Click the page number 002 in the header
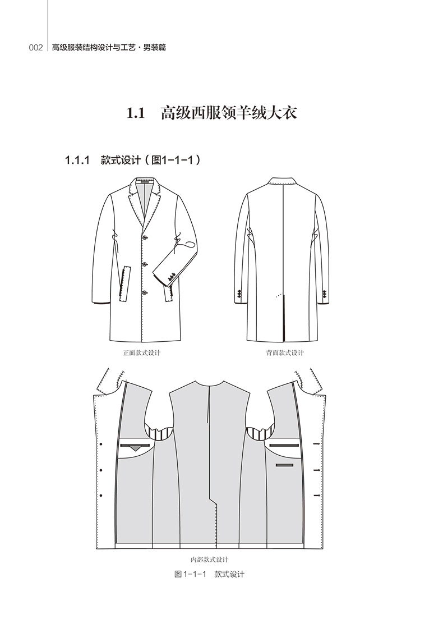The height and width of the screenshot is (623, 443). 36,48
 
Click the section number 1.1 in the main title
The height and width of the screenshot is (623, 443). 136,113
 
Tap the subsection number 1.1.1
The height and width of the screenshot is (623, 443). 77,160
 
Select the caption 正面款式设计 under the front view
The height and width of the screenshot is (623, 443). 142,353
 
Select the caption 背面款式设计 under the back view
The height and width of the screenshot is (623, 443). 285,353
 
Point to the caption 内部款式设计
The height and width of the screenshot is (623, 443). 210,559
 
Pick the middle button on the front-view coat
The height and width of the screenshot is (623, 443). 145,264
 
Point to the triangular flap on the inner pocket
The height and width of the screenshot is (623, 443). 135,448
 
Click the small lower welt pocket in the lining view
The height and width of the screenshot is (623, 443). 285,465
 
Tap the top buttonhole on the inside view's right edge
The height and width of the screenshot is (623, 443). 317,444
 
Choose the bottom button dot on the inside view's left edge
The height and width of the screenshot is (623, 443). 101,494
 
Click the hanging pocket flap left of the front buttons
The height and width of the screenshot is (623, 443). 125,283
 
